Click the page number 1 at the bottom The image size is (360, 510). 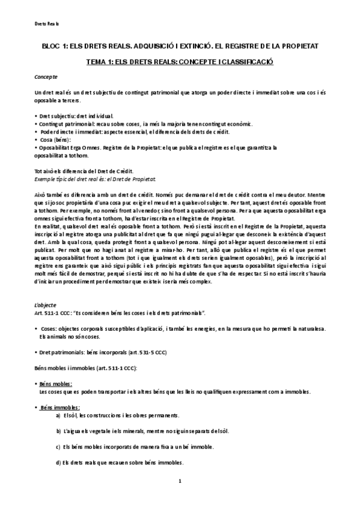pyautogui.click(x=180, y=482)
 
